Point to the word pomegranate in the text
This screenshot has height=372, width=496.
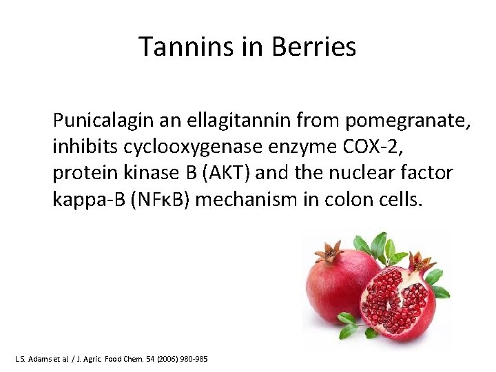point(409,122)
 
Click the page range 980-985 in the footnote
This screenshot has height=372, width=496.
point(192,360)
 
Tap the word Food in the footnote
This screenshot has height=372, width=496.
point(110,360)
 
